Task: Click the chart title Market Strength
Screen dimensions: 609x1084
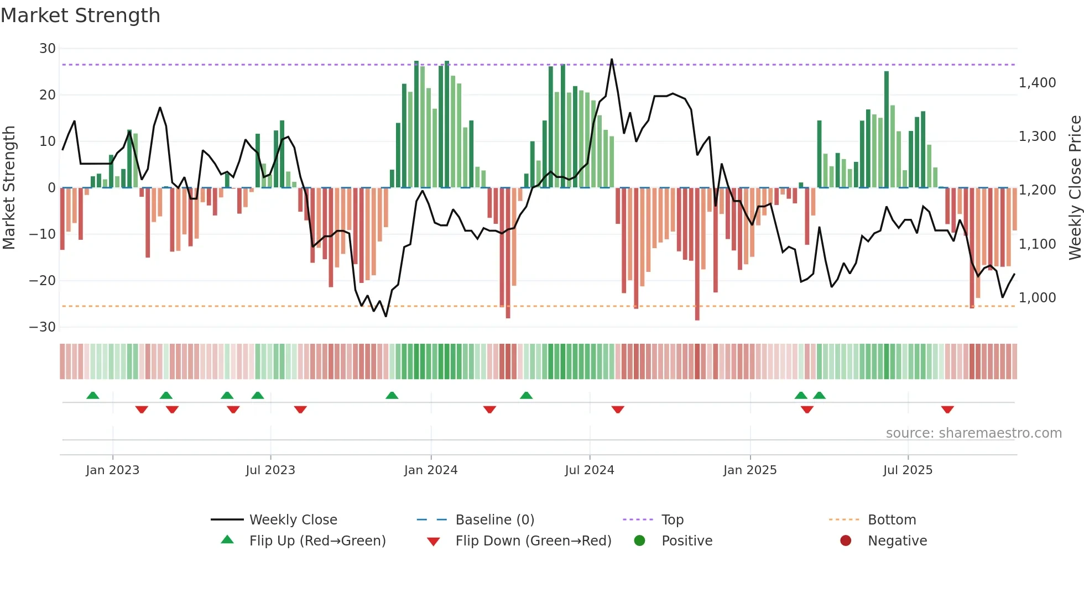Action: (x=80, y=15)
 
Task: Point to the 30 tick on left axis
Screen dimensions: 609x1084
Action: (x=48, y=49)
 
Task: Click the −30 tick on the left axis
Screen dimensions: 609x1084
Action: (x=43, y=327)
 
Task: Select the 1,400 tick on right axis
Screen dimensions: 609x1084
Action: (x=1037, y=83)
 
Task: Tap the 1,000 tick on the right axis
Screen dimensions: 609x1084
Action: (x=1037, y=298)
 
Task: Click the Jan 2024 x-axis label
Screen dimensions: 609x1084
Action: (x=431, y=470)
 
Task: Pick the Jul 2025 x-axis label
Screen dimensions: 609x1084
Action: (x=908, y=470)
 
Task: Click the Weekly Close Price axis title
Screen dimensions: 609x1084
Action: (x=1075, y=188)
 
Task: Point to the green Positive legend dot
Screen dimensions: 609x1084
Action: (x=639, y=541)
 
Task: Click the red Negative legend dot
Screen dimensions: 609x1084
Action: (x=846, y=541)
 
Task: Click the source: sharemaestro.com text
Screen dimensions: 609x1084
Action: (x=973, y=433)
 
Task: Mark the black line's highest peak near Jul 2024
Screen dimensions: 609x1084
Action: (x=612, y=59)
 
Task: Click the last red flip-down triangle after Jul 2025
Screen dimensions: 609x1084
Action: (x=947, y=410)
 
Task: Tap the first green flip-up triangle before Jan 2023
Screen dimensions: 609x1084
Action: (x=93, y=395)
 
